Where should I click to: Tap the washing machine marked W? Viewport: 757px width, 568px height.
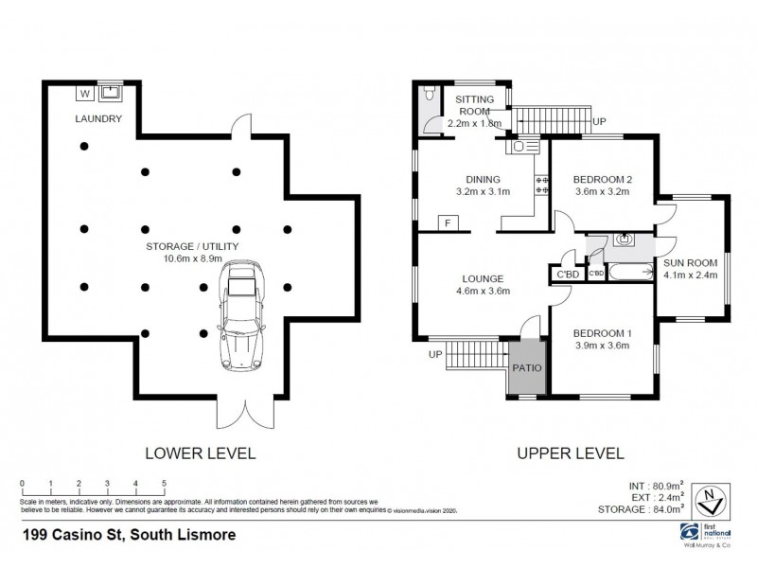pyautogui.click(x=85, y=93)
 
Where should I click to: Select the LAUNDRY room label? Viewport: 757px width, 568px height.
pyautogui.click(x=99, y=118)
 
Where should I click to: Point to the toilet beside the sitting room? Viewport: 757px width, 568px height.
pyautogui.click(x=430, y=95)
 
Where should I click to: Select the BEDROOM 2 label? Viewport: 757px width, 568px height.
pyautogui.click(x=603, y=180)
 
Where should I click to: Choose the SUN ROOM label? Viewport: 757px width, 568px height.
pyautogui.click(x=690, y=262)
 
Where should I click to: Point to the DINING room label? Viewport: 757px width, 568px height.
pyautogui.click(x=482, y=179)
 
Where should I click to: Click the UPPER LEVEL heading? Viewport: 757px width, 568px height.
pyautogui.click(x=570, y=453)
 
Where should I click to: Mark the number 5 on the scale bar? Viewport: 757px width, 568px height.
pyautogui.click(x=165, y=483)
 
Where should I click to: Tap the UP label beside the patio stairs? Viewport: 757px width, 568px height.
pyautogui.click(x=434, y=354)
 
